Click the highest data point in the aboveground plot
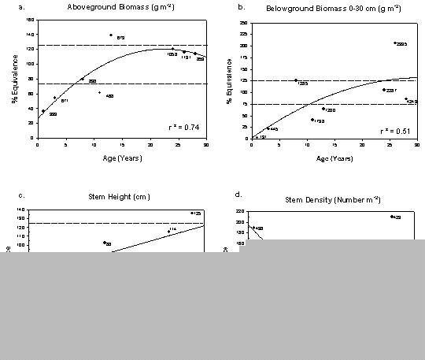(111, 35)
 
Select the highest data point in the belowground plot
(394, 43)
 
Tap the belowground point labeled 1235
(295, 80)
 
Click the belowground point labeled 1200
(323, 108)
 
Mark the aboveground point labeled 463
(99, 93)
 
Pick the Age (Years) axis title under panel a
(120, 154)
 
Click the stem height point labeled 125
(191, 213)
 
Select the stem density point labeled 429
(391, 216)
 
